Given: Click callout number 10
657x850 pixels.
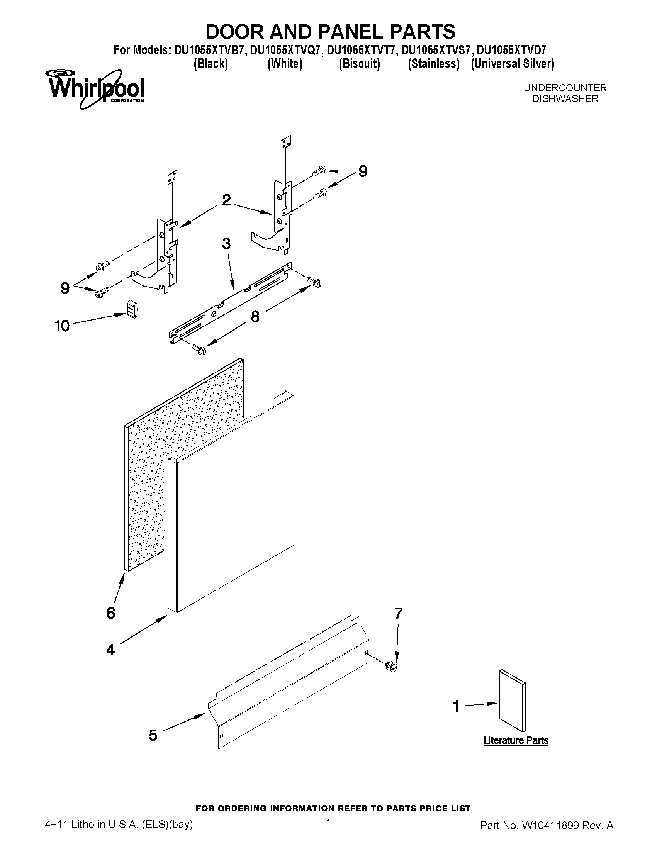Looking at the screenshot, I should pyautogui.click(x=62, y=326).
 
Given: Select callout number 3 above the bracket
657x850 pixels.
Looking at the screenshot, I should pyautogui.click(x=226, y=244).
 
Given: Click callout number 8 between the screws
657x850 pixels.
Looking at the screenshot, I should pyautogui.click(x=255, y=316).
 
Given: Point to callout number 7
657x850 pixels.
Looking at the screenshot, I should pyautogui.click(x=398, y=613).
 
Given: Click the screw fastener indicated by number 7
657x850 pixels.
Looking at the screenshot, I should pyautogui.click(x=391, y=667).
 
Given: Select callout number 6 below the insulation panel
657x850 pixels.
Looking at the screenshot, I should pyautogui.click(x=111, y=613).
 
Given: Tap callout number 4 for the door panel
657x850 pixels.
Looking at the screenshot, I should pyautogui.click(x=110, y=650).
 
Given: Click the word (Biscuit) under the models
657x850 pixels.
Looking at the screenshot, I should pyautogui.click(x=359, y=63).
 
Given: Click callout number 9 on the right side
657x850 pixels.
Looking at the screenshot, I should pyautogui.click(x=363, y=171).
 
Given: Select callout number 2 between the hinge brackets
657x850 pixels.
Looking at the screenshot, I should pyautogui.click(x=226, y=200).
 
